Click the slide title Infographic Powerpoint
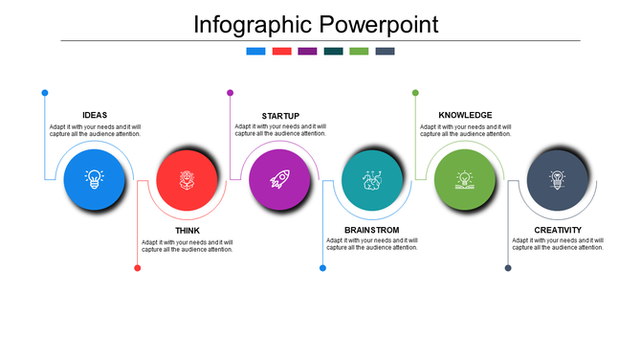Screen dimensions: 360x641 316,24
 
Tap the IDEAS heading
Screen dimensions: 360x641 95,116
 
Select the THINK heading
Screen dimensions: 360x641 188,231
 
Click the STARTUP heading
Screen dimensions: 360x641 280,116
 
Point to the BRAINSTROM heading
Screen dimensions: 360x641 372,231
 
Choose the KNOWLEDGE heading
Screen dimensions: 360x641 465,116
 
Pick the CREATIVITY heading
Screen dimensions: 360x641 558,231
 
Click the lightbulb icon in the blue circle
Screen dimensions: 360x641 94,178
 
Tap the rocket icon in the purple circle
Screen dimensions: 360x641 279,178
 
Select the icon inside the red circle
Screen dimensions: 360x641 187,178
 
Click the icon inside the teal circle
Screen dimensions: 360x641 372,178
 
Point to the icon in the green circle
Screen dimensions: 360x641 465,178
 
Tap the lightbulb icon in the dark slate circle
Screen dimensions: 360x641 557,178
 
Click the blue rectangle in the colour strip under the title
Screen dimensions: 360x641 255,52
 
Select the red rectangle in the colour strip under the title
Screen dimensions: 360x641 281,52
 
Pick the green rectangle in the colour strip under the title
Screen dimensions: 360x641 359,52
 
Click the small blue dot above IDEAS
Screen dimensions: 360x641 45,93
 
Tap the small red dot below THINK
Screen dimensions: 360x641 138,268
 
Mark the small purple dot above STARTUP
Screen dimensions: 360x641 231,93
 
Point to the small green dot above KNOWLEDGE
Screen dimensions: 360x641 415,93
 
